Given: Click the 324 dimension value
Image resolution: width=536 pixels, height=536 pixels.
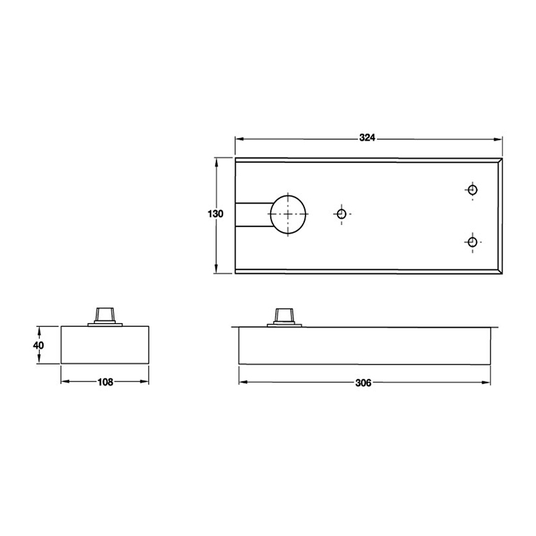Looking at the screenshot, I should tap(366, 138).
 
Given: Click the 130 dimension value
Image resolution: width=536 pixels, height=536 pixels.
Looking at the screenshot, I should tap(215, 214).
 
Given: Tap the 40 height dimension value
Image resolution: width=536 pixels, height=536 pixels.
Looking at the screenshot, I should tap(38, 345).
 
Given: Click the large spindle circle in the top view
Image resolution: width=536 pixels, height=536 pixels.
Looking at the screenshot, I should tap(288, 214).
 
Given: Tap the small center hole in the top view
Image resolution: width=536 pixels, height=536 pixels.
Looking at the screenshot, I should tap(341, 214).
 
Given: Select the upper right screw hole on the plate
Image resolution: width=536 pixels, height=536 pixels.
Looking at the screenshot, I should tap(472, 190).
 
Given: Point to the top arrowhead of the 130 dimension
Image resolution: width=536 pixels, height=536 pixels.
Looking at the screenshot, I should tap(215, 161).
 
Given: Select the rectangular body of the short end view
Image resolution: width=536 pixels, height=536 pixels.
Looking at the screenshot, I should tap(105, 345).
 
